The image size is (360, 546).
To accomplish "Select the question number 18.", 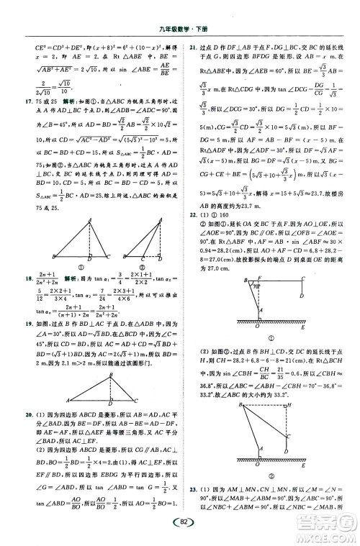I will (x=29, y=277).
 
